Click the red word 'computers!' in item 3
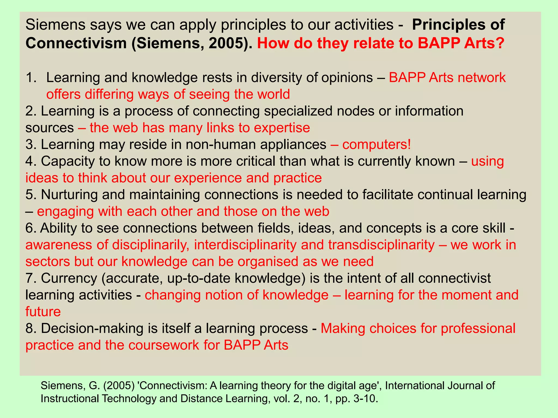[377, 145]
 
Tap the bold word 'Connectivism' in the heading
[76, 43]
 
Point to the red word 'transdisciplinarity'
[381, 245]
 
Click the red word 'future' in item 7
[43, 312]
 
